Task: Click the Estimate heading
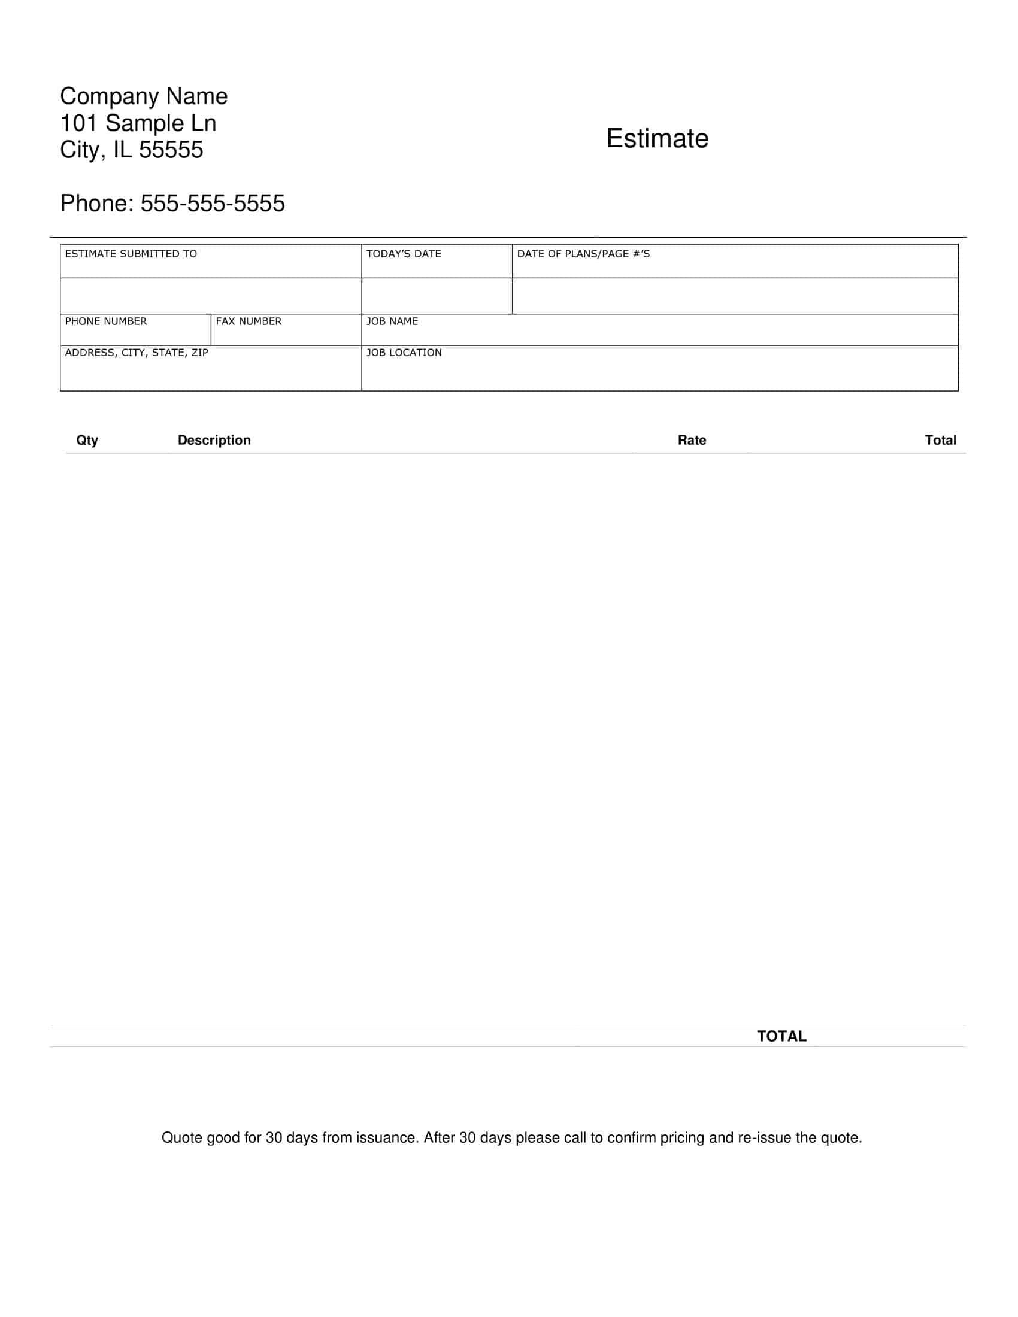(658, 139)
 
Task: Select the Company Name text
(144, 96)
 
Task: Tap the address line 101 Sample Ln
(138, 123)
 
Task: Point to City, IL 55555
(132, 150)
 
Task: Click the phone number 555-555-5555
(213, 203)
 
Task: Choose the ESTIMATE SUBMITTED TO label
(131, 254)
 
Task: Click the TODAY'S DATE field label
(404, 254)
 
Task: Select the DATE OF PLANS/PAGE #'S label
(583, 254)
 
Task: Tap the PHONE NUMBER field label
(105, 321)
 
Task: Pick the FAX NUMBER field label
(249, 321)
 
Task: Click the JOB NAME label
(392, 321)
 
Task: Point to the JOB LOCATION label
(404, 353)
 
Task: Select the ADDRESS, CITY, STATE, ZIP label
(137, 353)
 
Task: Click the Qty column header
(87, 440)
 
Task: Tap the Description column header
(214, 440)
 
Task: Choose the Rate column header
(692, 440)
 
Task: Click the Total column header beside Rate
(940, 440)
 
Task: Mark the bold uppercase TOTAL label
(781, 1036)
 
